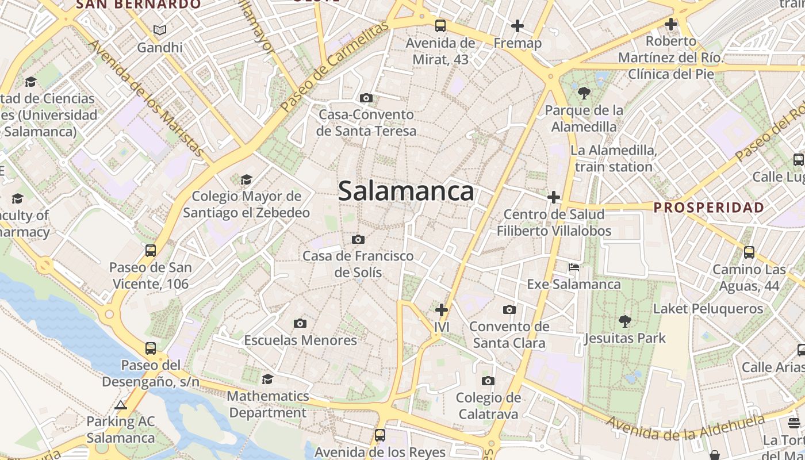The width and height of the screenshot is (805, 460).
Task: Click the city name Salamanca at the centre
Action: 406,191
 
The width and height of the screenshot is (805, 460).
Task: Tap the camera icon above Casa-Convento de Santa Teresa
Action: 366,98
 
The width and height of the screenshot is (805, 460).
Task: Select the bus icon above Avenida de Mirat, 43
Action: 440,26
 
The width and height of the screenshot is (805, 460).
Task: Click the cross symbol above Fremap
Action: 517,26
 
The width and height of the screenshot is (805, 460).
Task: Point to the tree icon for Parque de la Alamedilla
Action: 584,93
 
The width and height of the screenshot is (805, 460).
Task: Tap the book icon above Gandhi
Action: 160,30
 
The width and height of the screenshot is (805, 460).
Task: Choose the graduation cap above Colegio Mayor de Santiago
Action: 246,180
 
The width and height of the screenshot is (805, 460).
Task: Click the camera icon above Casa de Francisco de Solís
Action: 358,239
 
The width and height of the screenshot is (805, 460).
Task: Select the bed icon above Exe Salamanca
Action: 574,267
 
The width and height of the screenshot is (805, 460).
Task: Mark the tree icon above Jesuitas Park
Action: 624,321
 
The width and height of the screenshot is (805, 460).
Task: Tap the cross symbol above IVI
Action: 442,310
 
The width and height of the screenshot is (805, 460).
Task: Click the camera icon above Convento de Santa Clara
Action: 509,310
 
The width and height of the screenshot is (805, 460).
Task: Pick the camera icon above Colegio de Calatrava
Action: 488,381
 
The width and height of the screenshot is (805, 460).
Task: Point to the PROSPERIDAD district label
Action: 709,208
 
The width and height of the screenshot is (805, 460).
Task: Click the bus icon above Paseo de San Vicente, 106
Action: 151,251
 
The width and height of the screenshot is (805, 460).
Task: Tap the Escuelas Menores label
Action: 300,340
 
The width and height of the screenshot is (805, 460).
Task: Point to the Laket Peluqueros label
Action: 708,309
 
